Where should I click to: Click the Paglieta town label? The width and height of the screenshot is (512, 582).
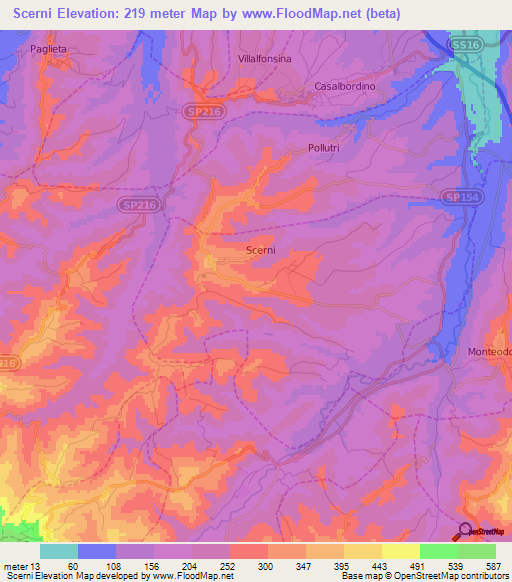pyautogui.click(x=49, y=47)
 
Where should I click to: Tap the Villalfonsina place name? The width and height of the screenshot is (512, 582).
pyautogui.click(x=265, y=60)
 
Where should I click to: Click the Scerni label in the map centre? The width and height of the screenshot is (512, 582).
pyautogui.click(x=261, y=252)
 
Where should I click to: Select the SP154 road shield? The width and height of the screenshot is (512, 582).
pyautogui.click(x=460, y=198)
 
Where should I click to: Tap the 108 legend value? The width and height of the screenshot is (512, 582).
pyautogui.click(x=115, y=565)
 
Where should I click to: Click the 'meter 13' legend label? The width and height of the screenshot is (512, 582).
pyautogui.click(x=21, y=565)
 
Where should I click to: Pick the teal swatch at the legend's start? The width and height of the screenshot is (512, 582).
pyautogui.click(x=59, y=551)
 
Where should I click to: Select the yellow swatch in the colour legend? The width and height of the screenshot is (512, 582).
pyautogui.click(x=400, y=551)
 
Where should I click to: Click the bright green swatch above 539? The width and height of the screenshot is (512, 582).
pyautogui.click(x=438, y=551)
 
